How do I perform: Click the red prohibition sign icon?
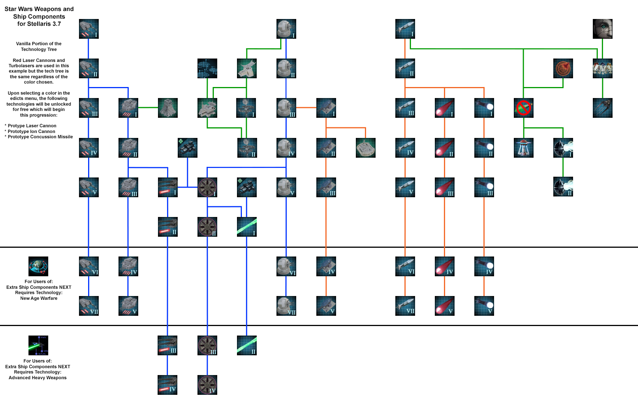pos(523,108)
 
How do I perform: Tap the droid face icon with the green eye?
pos(602,29)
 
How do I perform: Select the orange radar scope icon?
pos(563,68)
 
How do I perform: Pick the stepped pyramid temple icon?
pos(167,108)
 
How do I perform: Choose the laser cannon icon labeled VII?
pos(88,306)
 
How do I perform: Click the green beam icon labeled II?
pos(246,345)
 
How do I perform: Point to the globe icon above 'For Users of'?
pos(38,266)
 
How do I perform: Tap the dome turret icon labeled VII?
pos(286,306)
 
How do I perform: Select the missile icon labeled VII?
pos(405,306)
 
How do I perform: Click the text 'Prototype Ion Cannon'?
pos(32,131)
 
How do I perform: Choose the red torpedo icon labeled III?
pos(444,187)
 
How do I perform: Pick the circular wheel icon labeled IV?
pos(207,385)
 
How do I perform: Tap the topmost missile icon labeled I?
pos(405,29)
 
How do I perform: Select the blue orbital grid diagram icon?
pos(207,68)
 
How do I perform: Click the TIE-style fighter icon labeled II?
pos(563,187)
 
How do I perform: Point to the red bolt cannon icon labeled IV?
pos(167,385)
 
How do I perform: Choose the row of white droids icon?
pos(602,68)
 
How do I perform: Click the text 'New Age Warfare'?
pos(39,298)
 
